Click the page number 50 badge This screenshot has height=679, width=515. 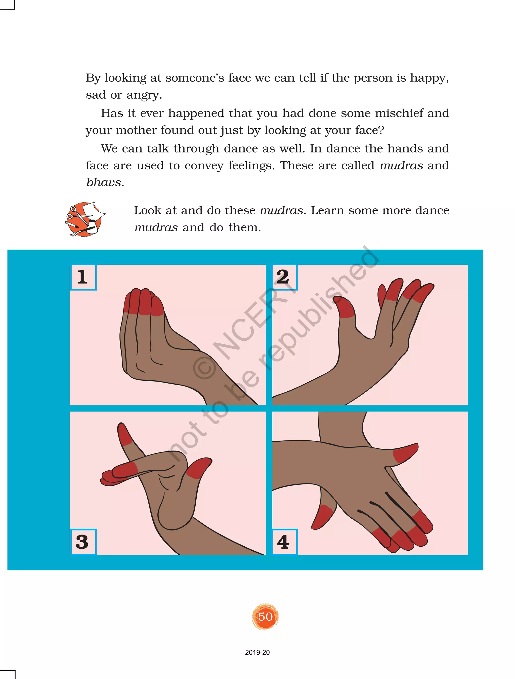(265, 616)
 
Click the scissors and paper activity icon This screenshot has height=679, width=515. (85, 219)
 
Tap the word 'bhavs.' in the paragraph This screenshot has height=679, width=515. (105, 182)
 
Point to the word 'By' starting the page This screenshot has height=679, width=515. (93, 79)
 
